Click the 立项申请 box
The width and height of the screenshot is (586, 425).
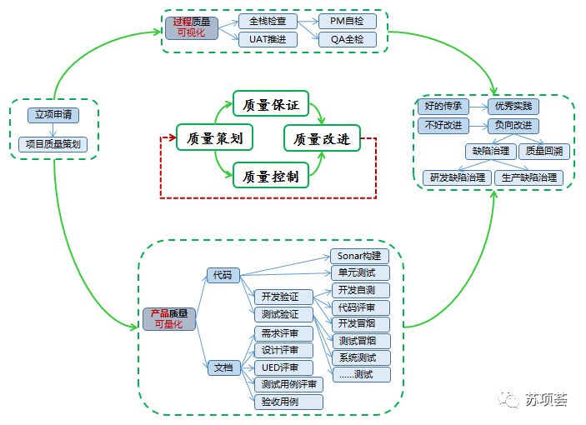point(52,114)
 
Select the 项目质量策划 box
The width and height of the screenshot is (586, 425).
point(53,144)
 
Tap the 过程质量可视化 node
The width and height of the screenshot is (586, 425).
point(191,27)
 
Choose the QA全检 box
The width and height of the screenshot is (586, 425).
point(348,39)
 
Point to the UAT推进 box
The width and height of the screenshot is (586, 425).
point(268,39)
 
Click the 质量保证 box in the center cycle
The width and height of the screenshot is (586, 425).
point(270,105)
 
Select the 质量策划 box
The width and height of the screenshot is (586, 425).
point(214,137)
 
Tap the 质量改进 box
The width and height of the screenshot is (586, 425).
point(322,138)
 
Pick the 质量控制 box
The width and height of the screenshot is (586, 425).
point(270,176)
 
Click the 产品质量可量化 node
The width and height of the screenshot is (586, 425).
point(169,319)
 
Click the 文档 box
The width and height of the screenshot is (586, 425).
point(223,367)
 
